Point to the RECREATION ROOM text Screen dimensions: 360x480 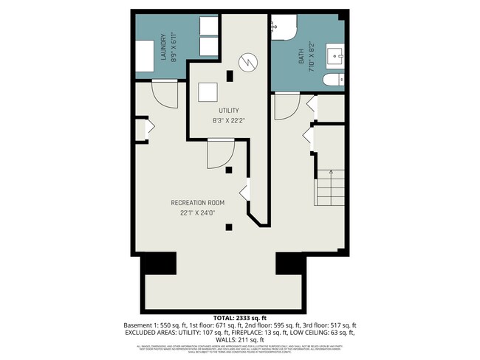coord(197,202)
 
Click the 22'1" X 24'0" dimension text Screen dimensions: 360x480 coord(197,213)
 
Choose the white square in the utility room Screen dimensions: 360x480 coord(208,92)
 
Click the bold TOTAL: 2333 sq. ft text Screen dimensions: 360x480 coord(239,316)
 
